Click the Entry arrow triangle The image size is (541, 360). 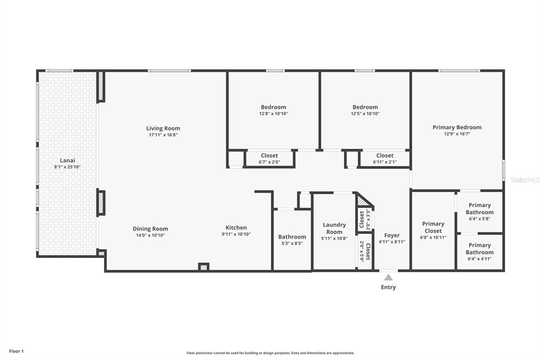(388, 278)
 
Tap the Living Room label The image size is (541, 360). (163, 128)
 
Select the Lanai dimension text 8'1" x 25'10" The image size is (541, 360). (67, 167)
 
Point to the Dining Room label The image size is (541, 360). (151, 229)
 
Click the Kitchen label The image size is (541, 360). (236, 228)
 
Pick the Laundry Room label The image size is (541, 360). (334, 228)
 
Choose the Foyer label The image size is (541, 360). (392, 235)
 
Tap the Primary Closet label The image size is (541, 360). (433, 227)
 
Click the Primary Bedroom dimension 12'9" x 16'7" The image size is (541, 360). (457, 134)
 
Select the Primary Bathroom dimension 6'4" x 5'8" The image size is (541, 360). (480, 219)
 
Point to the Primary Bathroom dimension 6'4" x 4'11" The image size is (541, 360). (480, 259)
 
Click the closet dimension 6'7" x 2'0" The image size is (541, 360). (269, 162)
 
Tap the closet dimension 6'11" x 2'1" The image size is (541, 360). (385, 162)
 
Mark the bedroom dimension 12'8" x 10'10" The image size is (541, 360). (274, 113)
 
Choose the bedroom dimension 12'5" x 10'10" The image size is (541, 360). (366, 113)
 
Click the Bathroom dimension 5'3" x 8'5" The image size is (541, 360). (292, 243)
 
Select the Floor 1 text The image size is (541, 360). (16, 352)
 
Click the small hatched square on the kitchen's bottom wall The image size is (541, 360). (203, 267)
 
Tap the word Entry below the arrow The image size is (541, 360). (388, 287)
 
